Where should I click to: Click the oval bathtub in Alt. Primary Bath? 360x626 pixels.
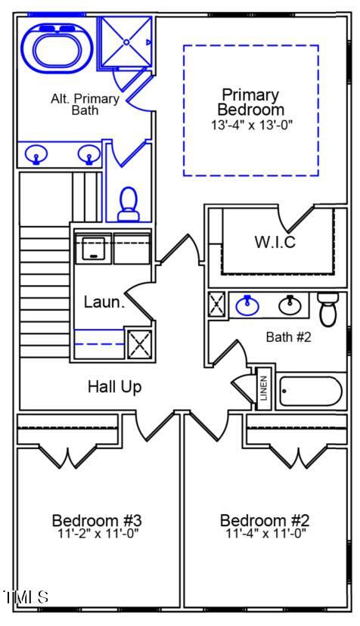tap(57, 48)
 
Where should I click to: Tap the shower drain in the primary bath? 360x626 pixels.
tap(126, 42)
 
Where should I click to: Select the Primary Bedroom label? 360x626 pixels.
tap(250, 102)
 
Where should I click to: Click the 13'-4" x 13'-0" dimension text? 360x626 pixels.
tap(252, 125)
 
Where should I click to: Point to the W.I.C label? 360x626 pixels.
tap(275, 241)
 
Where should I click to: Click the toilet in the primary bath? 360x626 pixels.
tap(129, 204)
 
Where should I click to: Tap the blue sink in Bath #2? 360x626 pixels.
tap(247, 305)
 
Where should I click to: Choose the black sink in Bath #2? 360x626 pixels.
tap(290, 305)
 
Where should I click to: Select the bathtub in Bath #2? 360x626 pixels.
tap(311, 392)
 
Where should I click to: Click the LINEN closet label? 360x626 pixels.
tap(263, 389)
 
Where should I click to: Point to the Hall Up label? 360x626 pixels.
tap(115, 387)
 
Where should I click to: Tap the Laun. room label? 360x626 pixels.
tap(104, 302)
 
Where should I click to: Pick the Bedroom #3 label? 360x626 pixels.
tap(97, 520)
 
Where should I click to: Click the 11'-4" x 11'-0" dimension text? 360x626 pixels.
tap(265, 533)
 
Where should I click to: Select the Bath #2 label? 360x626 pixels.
tap(288, 337)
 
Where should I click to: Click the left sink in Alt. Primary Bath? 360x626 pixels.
tap(36, 154)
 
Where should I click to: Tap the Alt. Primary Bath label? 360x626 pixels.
tap(85, 104)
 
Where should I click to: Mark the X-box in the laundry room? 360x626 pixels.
tap(139, 344)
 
